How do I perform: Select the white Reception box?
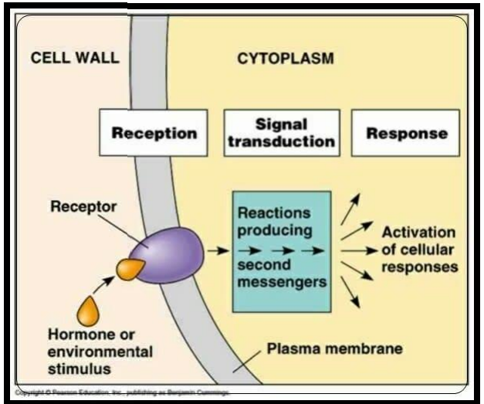pos(154,133)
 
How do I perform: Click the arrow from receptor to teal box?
pos(218,251)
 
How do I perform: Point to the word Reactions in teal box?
pos(274,212)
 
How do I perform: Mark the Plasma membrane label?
pos(334,348)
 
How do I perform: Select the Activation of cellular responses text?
pos(418,250)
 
